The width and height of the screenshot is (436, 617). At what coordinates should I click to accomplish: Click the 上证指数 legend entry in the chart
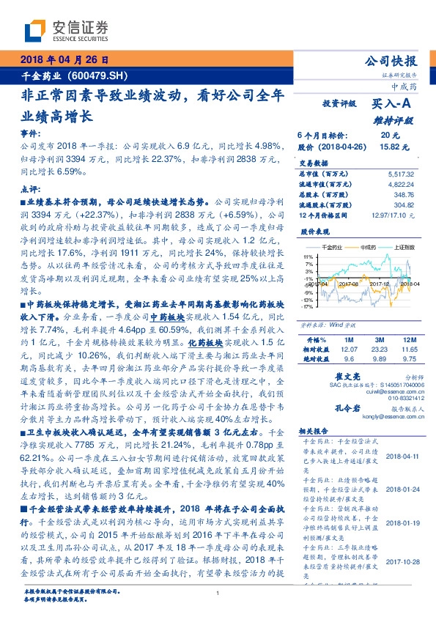coord(405,248)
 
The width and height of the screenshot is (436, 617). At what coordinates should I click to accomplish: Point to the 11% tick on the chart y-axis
coord(308,256)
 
